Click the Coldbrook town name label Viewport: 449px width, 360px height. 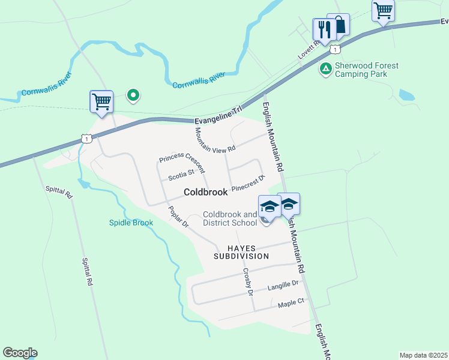pos(205,193)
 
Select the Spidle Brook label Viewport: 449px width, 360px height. pos(131,223)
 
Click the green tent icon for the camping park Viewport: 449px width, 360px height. pos(325,69)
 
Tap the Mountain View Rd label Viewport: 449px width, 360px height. pos(215,139)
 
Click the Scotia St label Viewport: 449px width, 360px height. pos(182,175)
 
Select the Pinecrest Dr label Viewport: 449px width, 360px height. pos(248,183)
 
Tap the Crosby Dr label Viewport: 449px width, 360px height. pos(248,281)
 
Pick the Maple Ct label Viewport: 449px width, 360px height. pos(292,302)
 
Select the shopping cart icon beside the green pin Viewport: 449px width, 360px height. pos(101,101)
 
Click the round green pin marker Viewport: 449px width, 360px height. pos(133,95)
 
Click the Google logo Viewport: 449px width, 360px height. pos(20,353)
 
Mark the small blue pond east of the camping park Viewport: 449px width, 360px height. pos(406,95)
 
